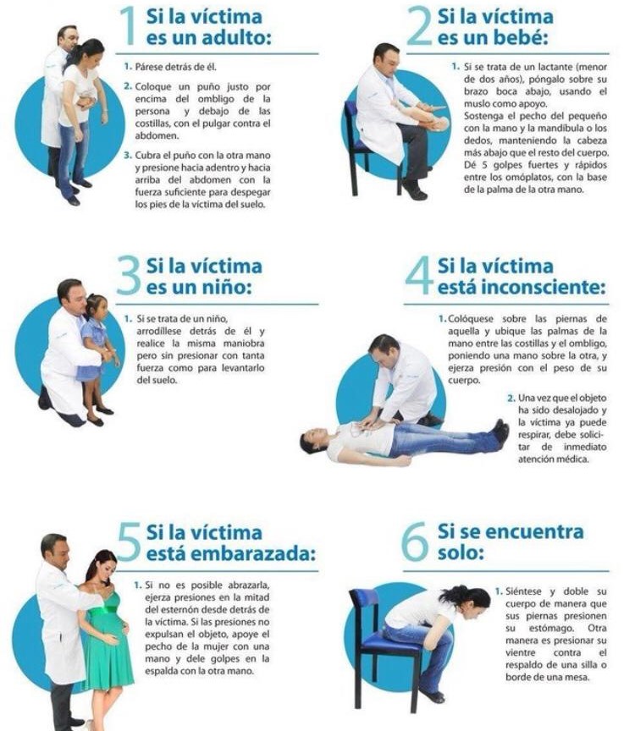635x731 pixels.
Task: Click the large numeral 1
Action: pyautogui.click(x=127, y=26)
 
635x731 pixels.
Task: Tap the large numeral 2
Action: pyautogui.click(x=419, y=26)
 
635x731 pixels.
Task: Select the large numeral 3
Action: pyautogui.click(x=129, y=275)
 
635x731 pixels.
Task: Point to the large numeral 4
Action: pyautogui.click(x=419, y=275)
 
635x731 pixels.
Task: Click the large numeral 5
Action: pyautogui.click(x=129, y=541)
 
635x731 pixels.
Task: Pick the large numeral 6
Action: pyautogui.click(x=415, y=541)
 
